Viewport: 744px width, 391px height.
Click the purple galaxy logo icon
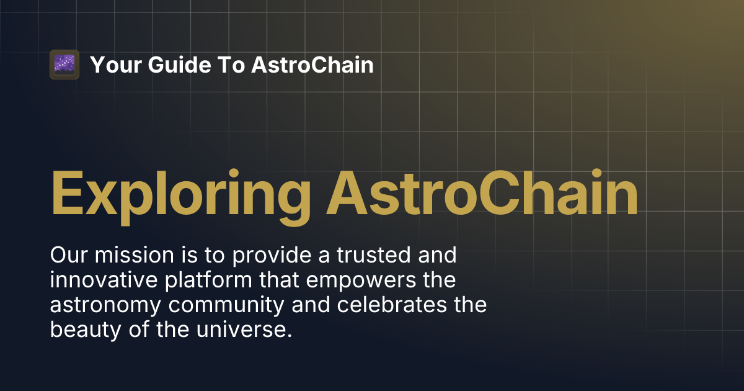coord(64,65)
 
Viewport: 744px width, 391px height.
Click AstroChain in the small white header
coord(312,65)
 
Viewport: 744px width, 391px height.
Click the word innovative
coord(105,280)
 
